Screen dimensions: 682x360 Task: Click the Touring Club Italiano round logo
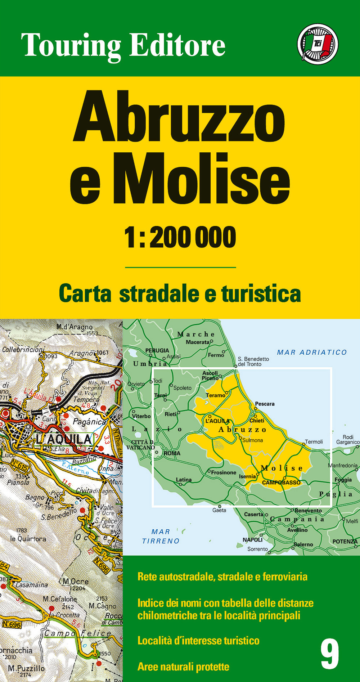(318, 44)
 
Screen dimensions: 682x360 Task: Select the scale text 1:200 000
(180, 237)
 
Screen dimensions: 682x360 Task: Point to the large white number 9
(329, 654)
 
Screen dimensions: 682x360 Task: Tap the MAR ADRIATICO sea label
(312, 353)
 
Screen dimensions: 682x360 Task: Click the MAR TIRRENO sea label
(161, 537)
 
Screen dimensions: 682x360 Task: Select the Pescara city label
(265, 404)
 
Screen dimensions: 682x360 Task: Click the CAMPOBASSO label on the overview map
(281, 483)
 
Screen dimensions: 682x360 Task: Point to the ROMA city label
(172, 453)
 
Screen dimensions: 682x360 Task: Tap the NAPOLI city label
(252, 540)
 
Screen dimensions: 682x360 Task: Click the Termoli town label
(314, 442)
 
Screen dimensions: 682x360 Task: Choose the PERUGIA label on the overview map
(157, 350)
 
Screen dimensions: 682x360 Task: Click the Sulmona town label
(253, 440)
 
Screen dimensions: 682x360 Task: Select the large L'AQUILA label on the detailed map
(64, 439)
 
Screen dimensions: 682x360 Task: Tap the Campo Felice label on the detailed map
(78, 633)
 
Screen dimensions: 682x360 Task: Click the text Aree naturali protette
(183, 667)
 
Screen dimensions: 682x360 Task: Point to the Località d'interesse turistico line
(198, 641)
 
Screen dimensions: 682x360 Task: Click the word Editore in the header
(177, 45)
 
